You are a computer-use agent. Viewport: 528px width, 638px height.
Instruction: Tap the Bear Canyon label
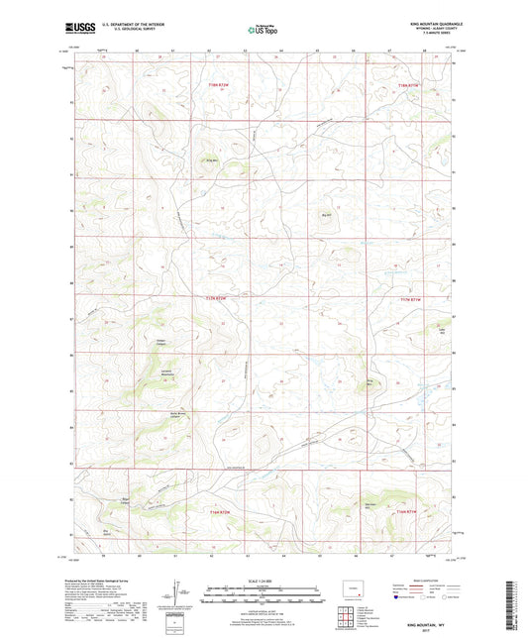(x=125, y=499)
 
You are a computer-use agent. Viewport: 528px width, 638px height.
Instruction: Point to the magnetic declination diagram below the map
(x=179, y=594)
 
